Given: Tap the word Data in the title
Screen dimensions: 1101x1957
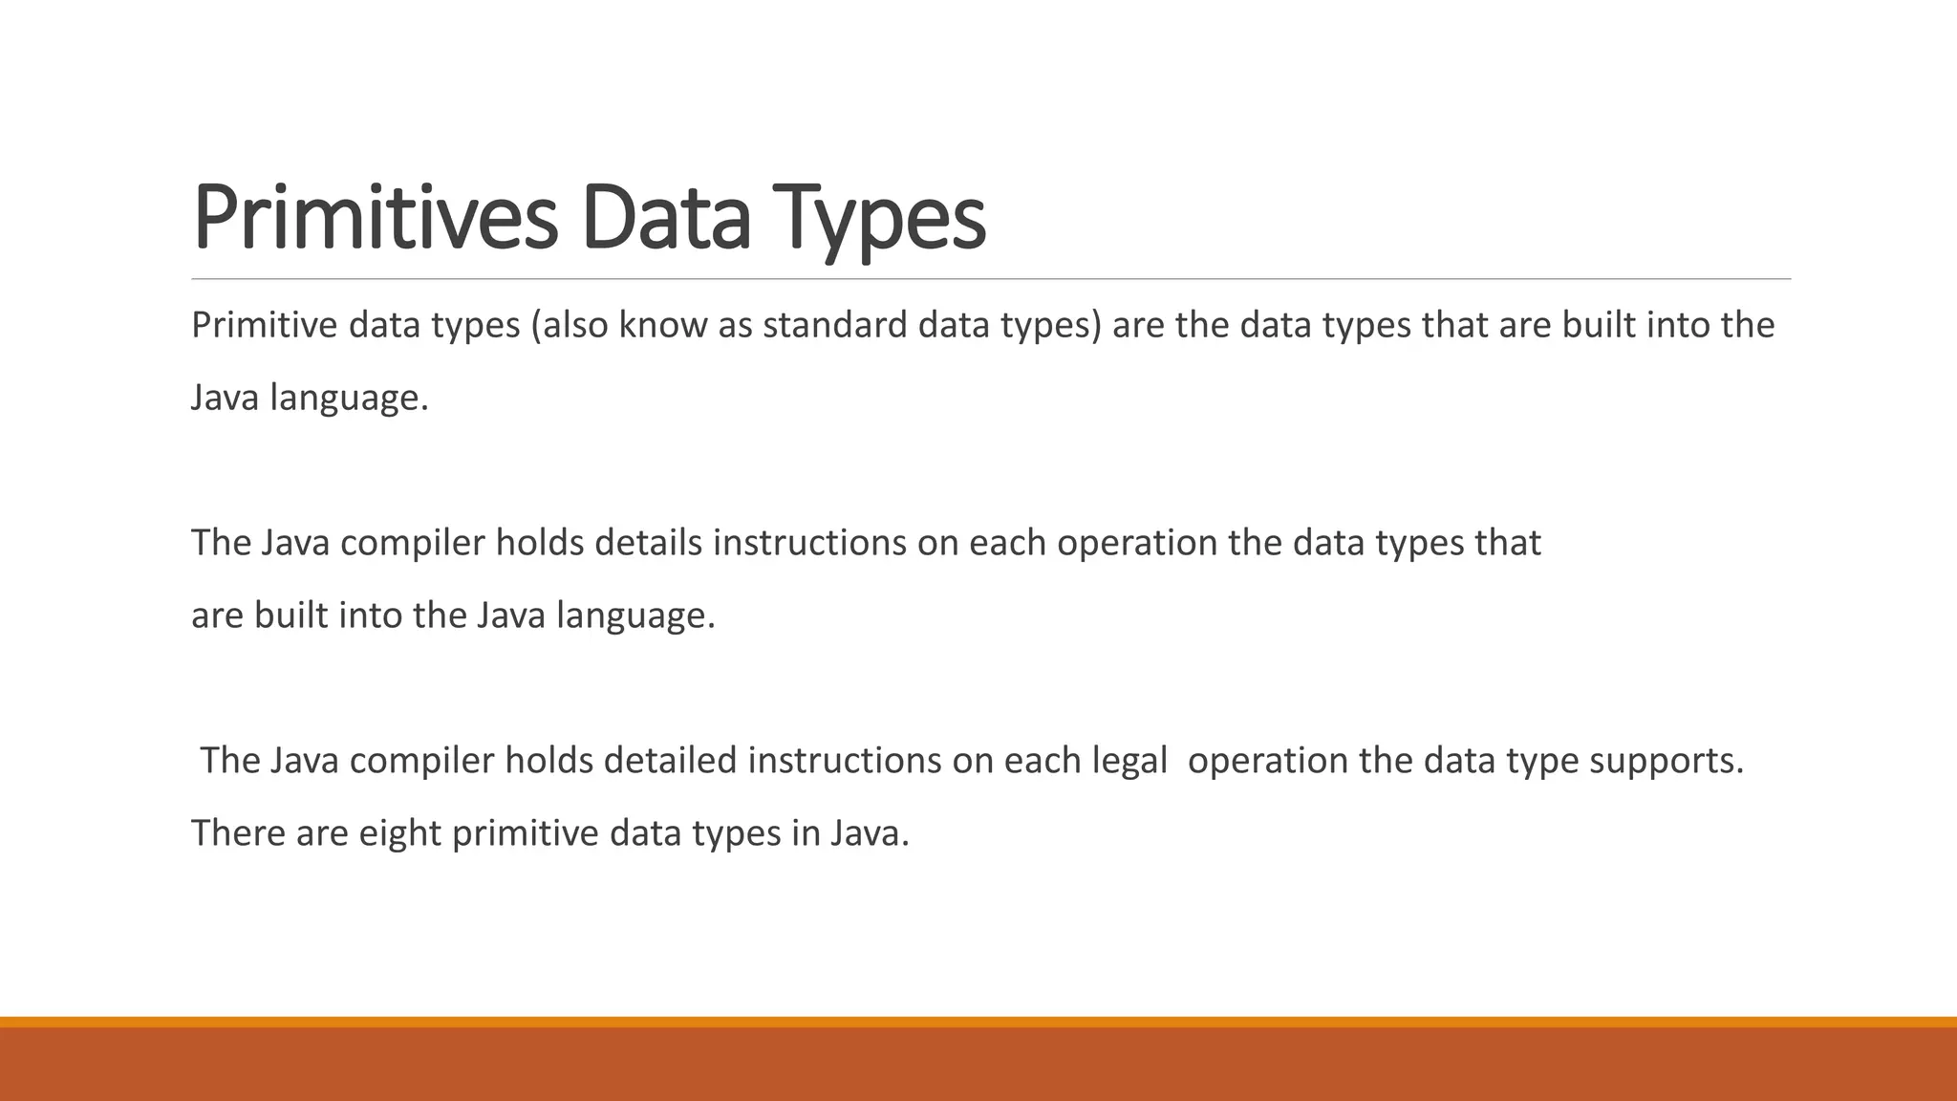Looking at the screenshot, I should coord(665,218).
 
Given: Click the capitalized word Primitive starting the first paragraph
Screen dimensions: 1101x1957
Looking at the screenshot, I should coord(264,326).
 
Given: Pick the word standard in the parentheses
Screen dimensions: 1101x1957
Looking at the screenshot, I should coord(834,326).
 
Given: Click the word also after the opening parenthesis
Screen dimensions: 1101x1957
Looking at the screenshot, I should coord(577,326).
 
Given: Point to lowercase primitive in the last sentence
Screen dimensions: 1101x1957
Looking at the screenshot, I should coord(525,833).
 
